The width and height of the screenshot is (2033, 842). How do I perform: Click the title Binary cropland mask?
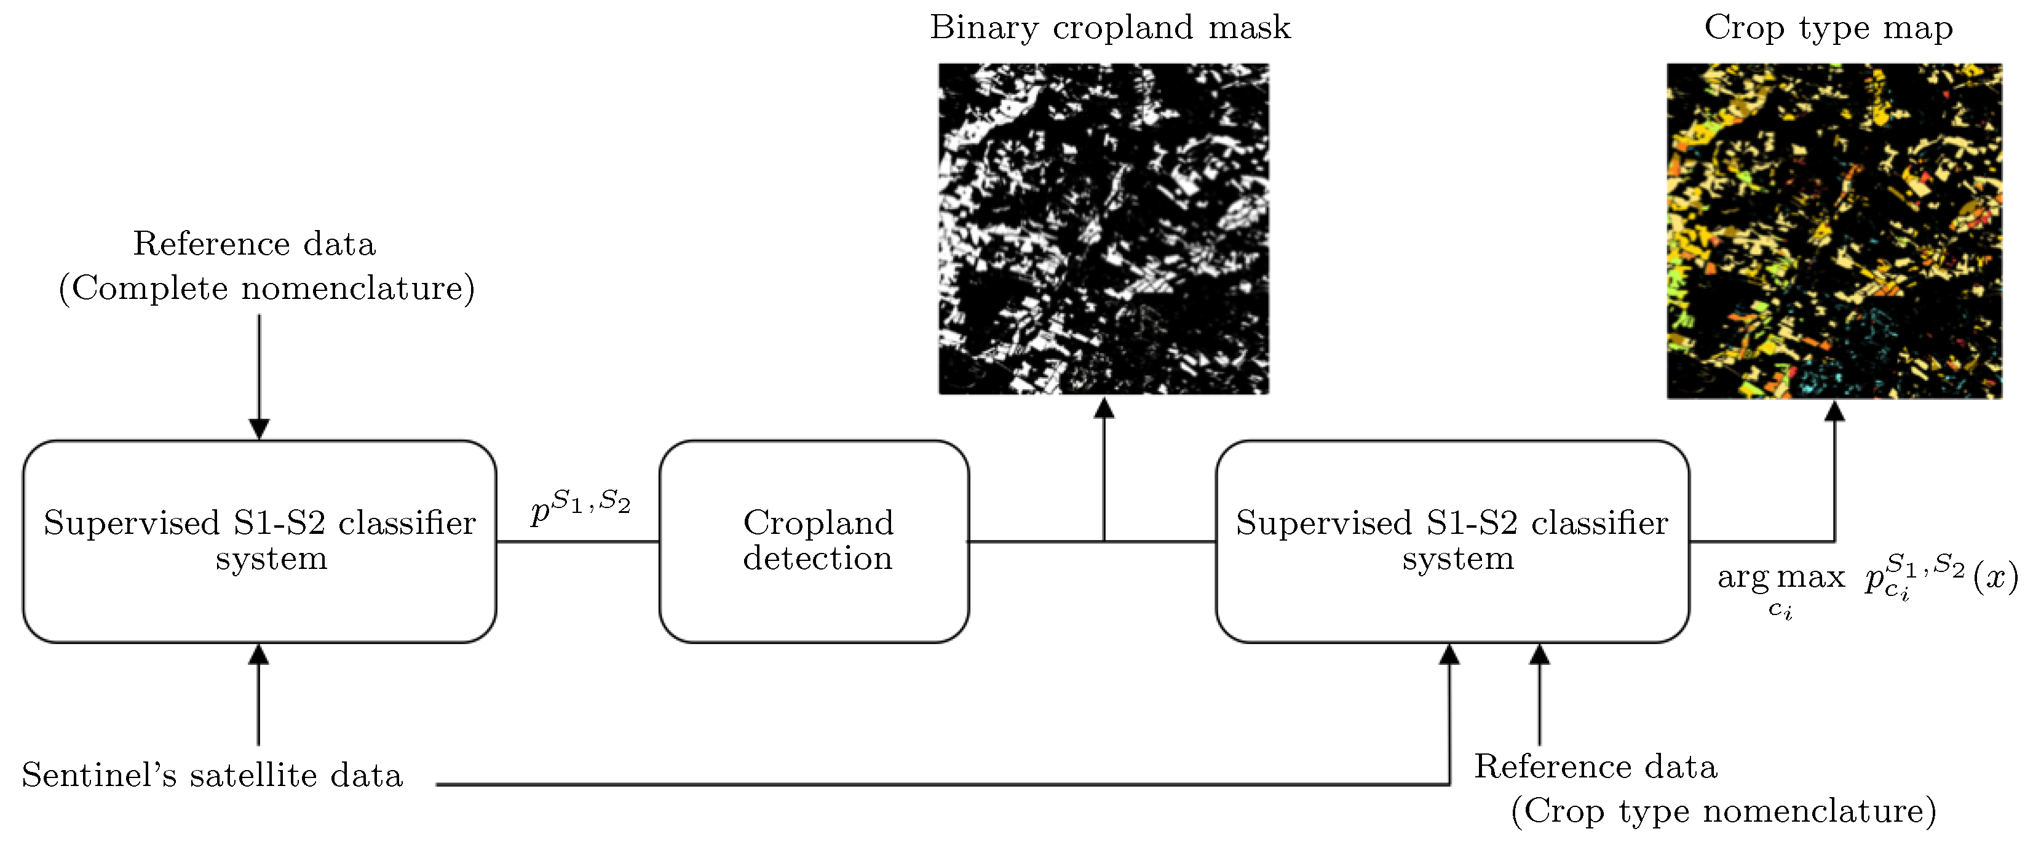1109,28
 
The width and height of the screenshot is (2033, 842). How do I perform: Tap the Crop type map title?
1828,28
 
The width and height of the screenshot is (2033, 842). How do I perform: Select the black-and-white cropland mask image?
1103,229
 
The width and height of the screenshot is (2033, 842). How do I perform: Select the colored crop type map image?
1834,231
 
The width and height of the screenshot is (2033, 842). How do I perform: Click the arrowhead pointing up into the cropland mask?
1104,408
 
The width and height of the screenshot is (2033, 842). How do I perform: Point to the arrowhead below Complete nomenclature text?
259,429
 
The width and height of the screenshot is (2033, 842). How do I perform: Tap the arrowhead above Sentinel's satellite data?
258,655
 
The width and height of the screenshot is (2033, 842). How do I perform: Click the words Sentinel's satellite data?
212,775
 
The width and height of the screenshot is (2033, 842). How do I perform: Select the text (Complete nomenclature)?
267,288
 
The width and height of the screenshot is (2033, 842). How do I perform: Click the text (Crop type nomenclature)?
1723,811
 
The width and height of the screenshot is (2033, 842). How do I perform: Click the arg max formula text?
1867,578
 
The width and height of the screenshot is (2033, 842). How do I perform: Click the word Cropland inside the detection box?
818,522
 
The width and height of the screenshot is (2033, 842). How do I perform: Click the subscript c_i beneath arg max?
1780,610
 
